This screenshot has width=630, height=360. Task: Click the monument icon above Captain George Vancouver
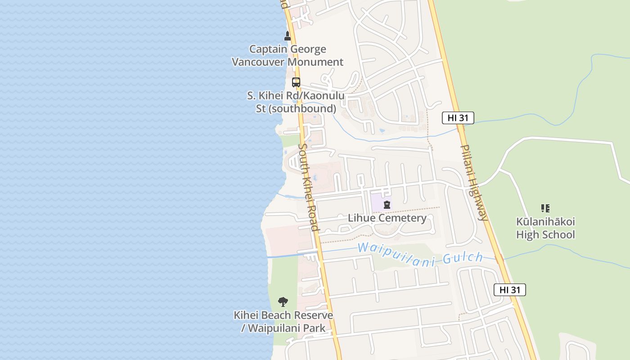[288, 36]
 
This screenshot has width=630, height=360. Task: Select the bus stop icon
[296, 82]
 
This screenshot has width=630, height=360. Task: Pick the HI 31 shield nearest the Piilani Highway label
[458, 118]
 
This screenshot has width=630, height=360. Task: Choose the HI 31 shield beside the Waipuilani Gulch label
[509, 290]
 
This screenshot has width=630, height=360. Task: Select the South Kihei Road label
[309, 187]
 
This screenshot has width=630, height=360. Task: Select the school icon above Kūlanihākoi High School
[545, 208]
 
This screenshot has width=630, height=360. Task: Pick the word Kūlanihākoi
[545, 222]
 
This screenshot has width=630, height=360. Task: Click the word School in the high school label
[560, 235]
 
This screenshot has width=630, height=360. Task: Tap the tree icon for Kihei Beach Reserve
[283, 301]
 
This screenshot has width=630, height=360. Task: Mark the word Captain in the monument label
[269, 49]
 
